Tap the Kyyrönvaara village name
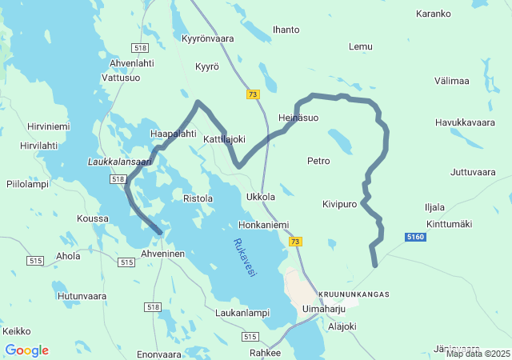(x=208, y=38)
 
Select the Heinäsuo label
(x=298, y=118)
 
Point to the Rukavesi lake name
(x=244, y=258)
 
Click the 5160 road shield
(x=415, y=238)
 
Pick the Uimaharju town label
(x=323, y=308)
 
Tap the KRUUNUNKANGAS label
(x=354, y=294)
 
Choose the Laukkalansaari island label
(x=119, y=162)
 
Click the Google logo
(x=26, y=350)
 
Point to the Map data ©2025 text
(x=478, y=354)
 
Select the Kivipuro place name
(x=340, y=204)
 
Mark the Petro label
(x=318, y=161)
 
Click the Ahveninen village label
(x=163, y=254)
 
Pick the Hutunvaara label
(x=82, y=296)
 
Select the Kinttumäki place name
(x=450, y=223)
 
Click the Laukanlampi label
(x=242, y=313)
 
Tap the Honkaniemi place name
(x=263, y=226)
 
